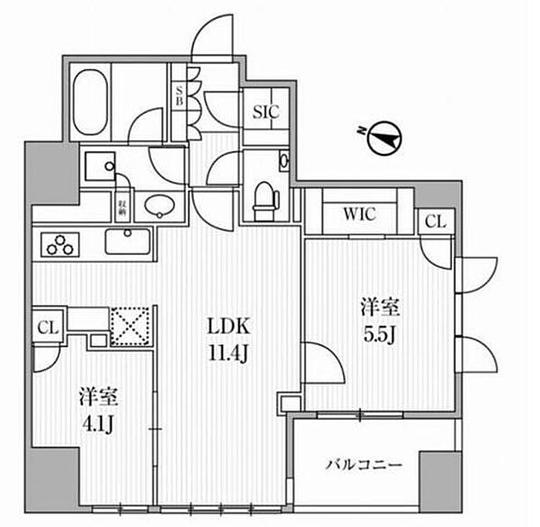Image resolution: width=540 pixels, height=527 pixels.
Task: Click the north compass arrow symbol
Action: [x=381, y=138]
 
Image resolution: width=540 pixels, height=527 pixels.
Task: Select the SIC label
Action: [x=265, y=111]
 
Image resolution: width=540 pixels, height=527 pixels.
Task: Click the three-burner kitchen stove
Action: [x=61, y=245]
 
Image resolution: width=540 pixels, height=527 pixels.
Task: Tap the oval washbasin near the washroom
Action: [x=160, y=205]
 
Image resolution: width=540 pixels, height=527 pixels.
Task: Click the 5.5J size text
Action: [x=380, y=337]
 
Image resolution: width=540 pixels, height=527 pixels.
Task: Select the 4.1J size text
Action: [x=97, y=424]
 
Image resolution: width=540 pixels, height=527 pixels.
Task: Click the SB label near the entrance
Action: [x=179, y=96]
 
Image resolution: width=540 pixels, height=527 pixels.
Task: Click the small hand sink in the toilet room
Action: [x=284, y=161]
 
